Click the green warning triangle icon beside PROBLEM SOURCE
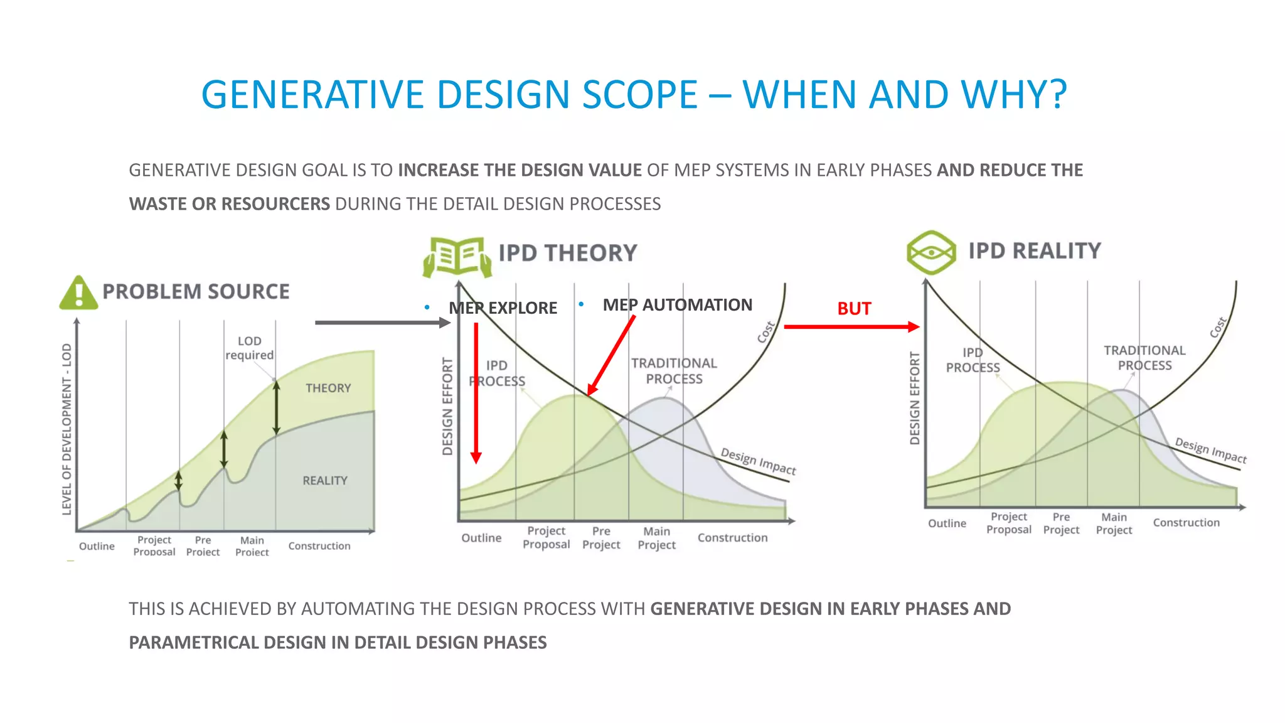78,294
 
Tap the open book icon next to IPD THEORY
457,256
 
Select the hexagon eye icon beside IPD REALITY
931,252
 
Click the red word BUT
853,309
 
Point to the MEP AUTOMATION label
677,305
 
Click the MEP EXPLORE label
503,308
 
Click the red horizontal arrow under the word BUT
851,326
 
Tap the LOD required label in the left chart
249,348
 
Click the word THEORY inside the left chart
328,388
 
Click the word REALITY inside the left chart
324,480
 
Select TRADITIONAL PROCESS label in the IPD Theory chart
674,371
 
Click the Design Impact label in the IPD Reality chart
1210,450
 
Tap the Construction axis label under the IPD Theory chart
732,538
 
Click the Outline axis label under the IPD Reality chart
947,523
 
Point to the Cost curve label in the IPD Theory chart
766,332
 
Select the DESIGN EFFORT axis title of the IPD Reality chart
915,398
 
